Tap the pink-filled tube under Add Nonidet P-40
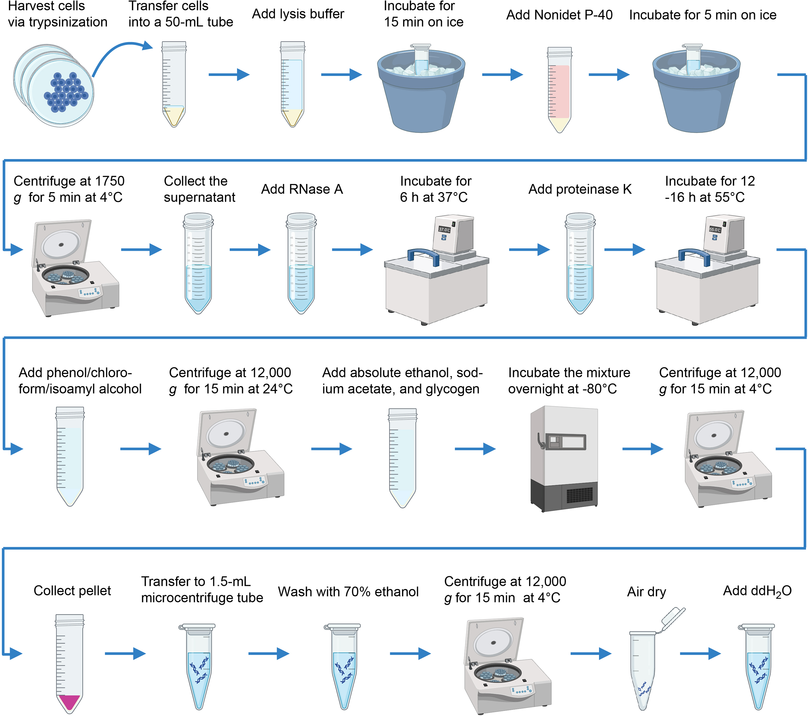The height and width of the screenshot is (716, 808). point(559,91)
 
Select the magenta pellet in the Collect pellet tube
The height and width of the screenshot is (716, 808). point(69,701)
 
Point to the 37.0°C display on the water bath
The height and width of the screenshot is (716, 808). point(444,230)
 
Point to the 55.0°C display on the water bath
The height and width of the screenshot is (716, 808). point(715,230)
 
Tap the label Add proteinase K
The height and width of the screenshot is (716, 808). point(580,189)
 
